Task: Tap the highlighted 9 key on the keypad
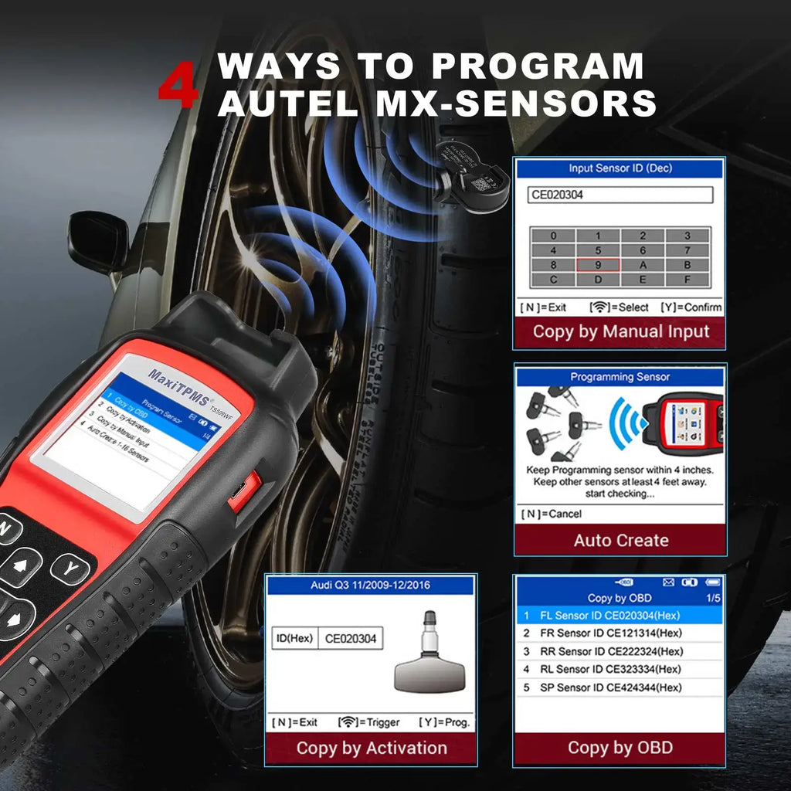(x=598, y=265)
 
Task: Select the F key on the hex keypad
(x=687, y=280)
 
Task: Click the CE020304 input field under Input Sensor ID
(x=621, y=195)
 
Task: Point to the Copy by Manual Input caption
(x=620, y=332)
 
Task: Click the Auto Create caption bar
(x=620, y=540)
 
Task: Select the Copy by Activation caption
(x=372, y=748)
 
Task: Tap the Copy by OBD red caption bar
(x=620, y=748)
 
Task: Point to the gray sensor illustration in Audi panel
(x=430, y=657)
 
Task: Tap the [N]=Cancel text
(x=552, y=514)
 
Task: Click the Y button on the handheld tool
(x=70, y=569)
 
